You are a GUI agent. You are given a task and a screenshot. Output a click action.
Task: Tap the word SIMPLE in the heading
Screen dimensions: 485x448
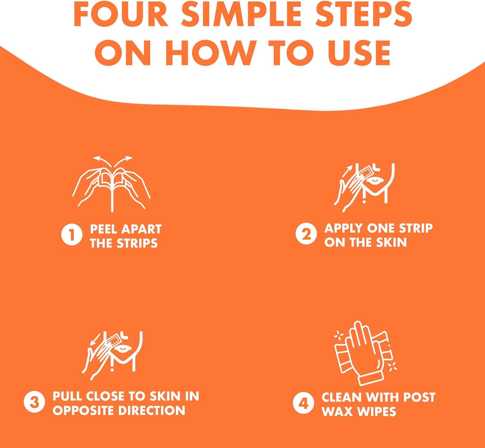pos(244,14)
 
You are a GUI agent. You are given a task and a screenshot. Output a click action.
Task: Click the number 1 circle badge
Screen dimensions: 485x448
pos(71,235)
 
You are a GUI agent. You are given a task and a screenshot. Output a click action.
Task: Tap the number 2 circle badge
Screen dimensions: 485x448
pos(306,234)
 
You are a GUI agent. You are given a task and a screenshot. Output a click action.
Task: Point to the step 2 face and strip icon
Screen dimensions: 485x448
pos(364,188)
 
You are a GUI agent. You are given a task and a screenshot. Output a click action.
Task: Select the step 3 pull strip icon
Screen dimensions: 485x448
pos(112,356)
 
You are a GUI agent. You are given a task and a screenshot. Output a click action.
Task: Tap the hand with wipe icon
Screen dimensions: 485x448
pos(365,353)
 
